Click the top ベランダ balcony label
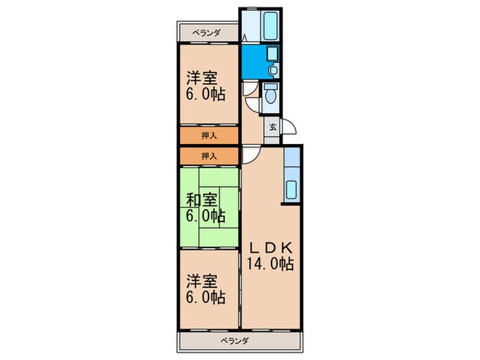(x=206, y=33)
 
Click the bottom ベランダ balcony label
(x=235, y=341)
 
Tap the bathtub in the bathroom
(x=271, y=25)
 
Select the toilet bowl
(x=272, y=97)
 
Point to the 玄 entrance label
(x=272, y=127)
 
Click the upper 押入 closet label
(x=209, y=135)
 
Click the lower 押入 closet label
(x=209, y=156)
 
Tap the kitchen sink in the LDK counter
(x=290, y=189)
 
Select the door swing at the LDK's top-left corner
(x=250, y=155)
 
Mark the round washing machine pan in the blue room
(x=273, y=69)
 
